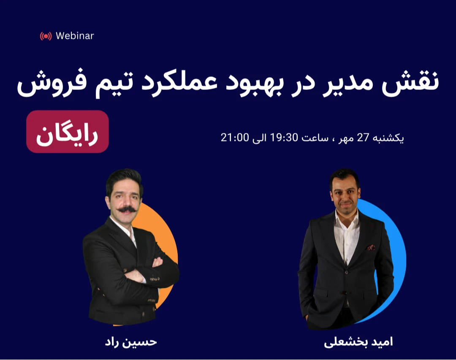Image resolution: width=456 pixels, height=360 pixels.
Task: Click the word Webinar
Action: tap(75, 36)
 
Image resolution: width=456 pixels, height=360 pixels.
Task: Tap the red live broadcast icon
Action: tap(46, 36)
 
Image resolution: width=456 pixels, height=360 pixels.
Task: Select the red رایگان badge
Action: tap(68, 131)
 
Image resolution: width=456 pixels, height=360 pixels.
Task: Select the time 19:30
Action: tap(288, 138)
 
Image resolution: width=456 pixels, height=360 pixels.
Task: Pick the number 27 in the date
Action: tap(364, 138)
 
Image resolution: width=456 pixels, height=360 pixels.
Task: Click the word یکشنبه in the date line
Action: tap(388, 138)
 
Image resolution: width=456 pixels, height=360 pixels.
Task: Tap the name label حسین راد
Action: tap(131, 341)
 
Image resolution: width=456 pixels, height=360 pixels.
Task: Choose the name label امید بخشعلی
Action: tap(358, 341)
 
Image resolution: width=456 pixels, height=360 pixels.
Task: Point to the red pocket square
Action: tap(371, 248)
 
